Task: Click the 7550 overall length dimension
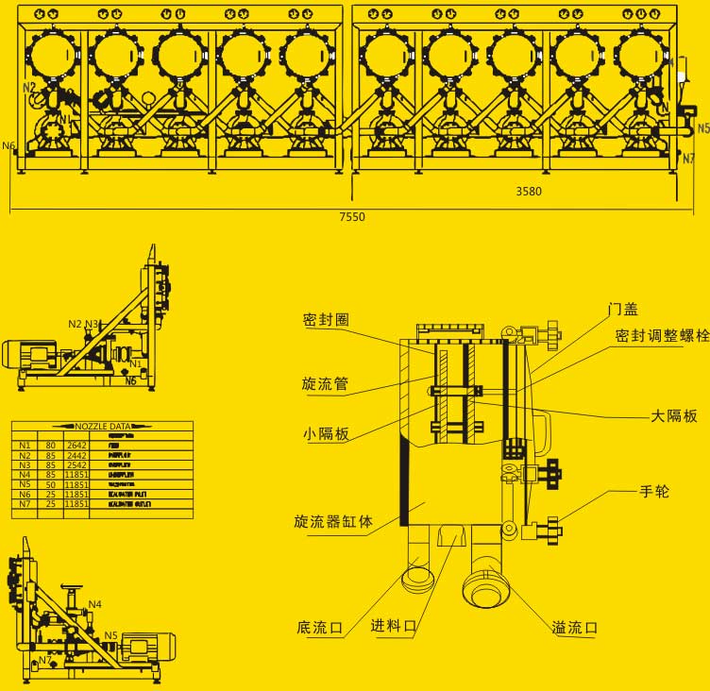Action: coord(351,217)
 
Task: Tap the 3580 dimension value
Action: coord(529,192)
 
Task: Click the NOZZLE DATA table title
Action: coord(102,427)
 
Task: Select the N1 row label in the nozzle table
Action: coord(25,444)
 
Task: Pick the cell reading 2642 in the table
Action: coord(76,444)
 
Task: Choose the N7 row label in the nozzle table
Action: coord(25,504)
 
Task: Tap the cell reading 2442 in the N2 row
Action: coord(76,454)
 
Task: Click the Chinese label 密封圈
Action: coord(326,320)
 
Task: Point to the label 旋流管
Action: coord(325,384)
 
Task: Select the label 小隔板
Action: coord(326,434)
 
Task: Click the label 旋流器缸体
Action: coord(333,522)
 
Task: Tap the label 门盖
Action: coord(623,309)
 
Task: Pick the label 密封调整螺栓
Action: coord(661,336)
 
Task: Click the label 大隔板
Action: coord(675,415)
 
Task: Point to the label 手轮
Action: coord(654,491)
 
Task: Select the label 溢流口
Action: coord(575,628)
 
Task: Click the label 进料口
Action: coord(394,626)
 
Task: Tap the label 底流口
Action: coord(319,627)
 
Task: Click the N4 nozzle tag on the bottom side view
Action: coord(95,604)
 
